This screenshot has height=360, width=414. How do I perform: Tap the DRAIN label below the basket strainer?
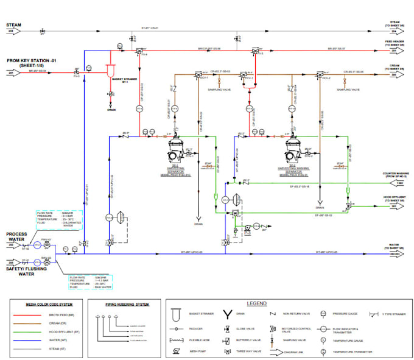(111, 110)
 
